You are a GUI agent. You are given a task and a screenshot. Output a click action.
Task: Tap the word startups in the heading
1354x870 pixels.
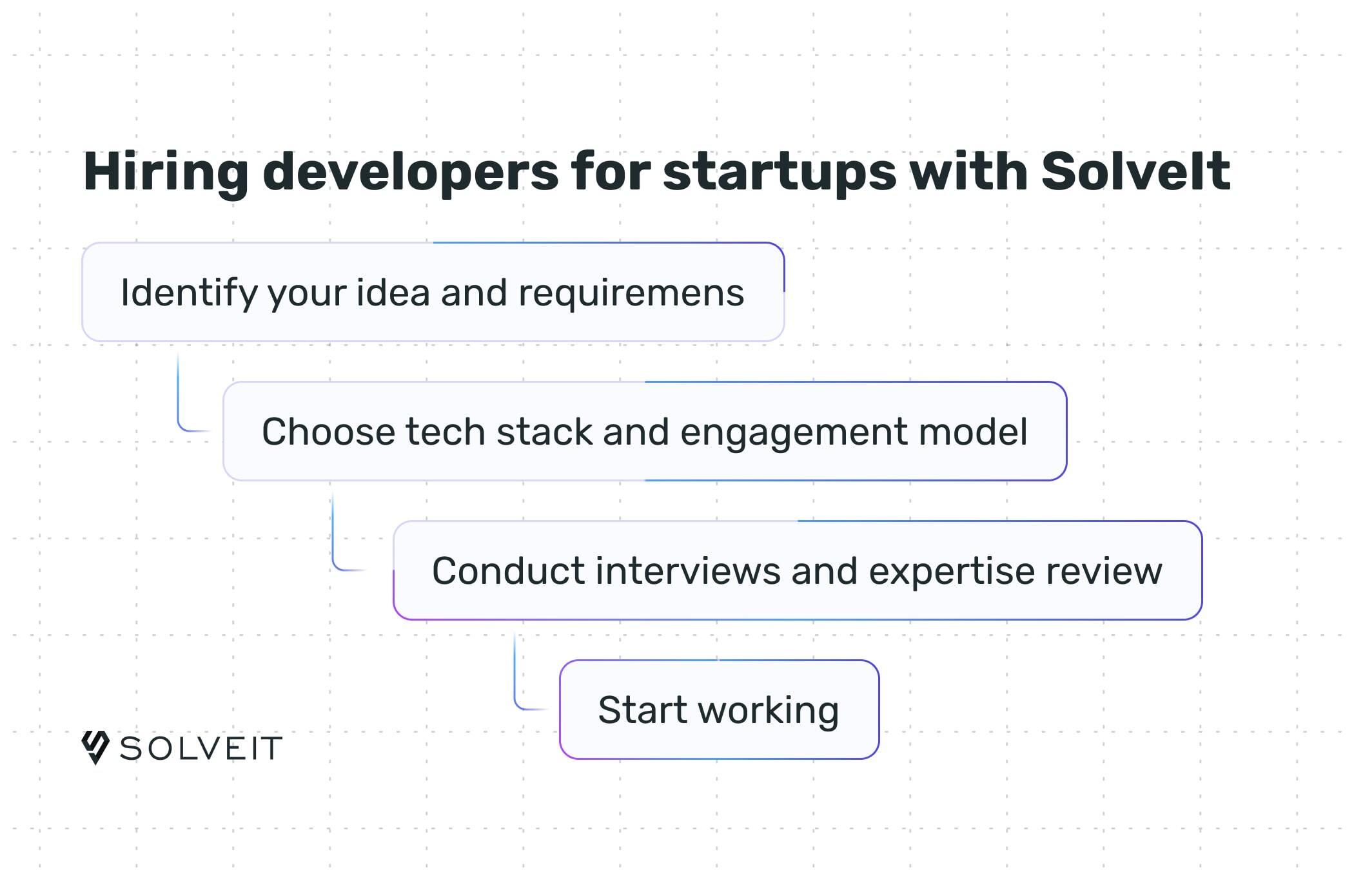coord(780,173)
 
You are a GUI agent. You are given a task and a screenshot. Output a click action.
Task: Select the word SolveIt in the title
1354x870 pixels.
coord(1135,171)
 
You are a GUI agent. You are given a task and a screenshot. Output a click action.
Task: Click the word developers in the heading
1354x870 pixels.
coord(410,173)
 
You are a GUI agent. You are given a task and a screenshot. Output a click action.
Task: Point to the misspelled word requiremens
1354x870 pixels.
coord(631,293)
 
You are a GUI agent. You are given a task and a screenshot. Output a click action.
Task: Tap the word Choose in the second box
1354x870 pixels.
coord(328,432)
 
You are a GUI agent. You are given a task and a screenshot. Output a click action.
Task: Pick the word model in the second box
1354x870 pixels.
coord(973,432)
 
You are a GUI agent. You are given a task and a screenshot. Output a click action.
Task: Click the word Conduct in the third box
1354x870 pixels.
coord(507,571)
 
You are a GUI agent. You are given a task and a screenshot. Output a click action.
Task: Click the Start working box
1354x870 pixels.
coord(719,710)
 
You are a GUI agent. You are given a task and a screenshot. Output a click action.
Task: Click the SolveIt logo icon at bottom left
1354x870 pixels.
coord(95,748)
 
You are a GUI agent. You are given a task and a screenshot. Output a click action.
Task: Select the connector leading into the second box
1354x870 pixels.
coord(181,406)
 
